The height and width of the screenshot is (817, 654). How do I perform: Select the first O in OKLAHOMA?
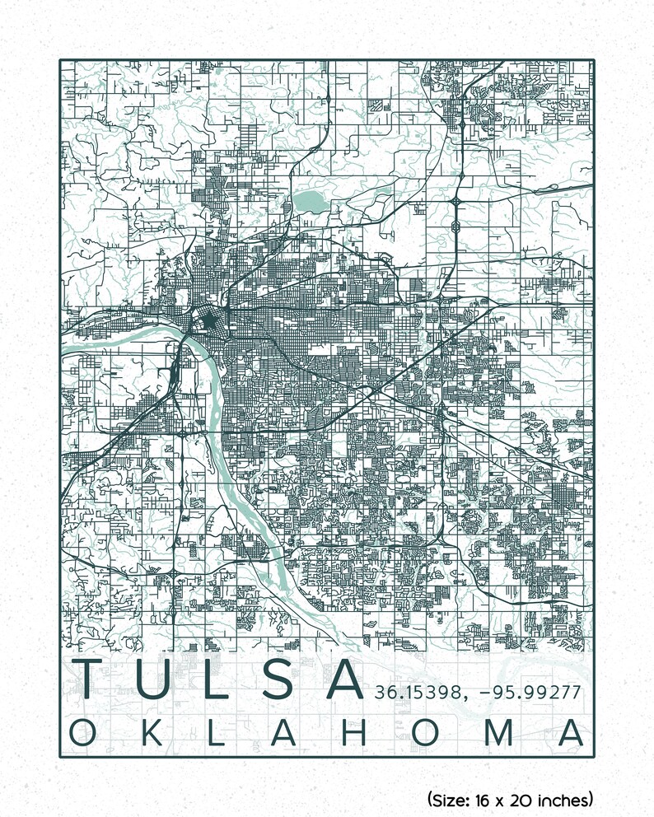pyautogui.click(x=84, y=732)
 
